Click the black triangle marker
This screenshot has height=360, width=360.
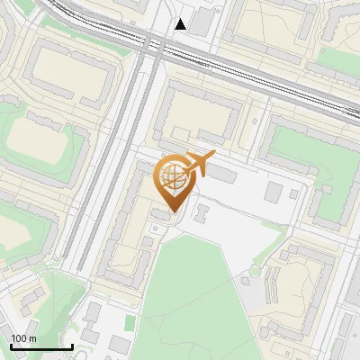coord(181,24)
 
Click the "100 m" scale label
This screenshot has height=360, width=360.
coord(23,338)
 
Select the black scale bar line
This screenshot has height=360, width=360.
coord(41,346)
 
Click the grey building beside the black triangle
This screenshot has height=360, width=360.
coord(202,22)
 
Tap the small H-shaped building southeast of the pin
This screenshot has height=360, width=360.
coord(202,213)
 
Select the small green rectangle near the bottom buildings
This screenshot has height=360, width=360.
coord(130,321)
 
